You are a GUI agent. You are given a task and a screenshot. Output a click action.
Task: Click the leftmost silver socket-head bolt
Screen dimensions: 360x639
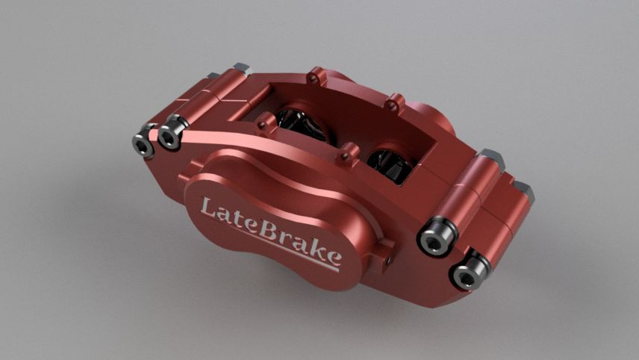pos(143,143)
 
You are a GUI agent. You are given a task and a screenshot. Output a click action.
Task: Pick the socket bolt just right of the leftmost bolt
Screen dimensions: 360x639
pos(170,134)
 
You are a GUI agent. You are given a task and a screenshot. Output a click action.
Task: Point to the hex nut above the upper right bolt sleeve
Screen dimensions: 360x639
pos(491,158)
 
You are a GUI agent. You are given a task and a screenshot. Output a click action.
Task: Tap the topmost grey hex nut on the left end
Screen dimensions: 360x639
pos(240,69)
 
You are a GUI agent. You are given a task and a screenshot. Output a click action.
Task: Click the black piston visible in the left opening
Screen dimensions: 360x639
pos(302,124)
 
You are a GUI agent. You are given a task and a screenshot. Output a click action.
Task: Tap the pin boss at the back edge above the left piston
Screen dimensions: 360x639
pos(316,75)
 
